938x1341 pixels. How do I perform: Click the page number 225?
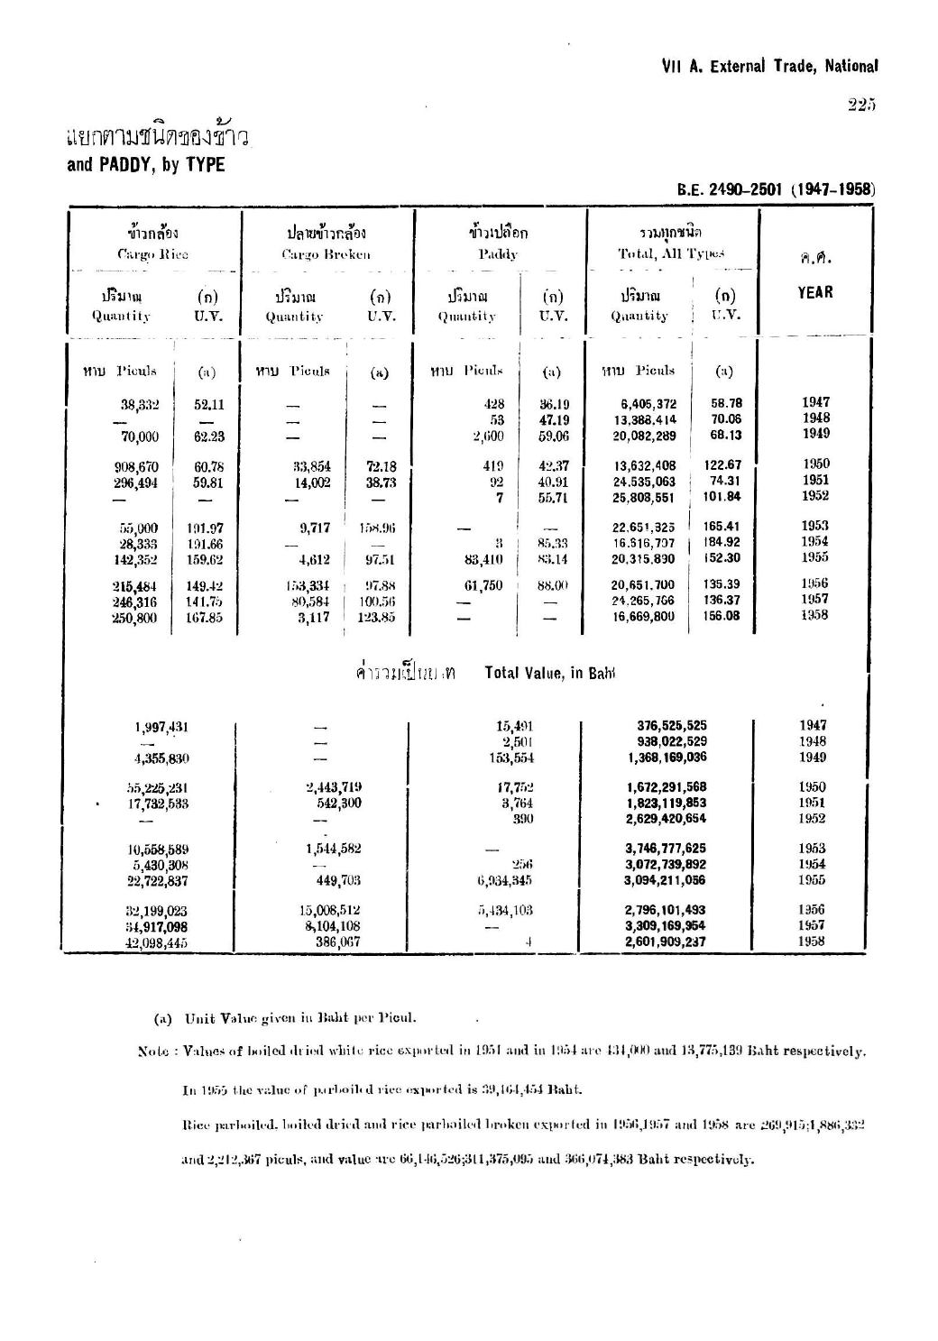(861, 106)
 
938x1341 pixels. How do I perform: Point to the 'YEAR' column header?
(814, 292)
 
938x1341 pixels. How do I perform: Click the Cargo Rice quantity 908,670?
(139, 467)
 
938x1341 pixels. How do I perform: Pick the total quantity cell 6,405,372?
(645, 405)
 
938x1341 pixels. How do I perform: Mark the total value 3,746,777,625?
(666, 849)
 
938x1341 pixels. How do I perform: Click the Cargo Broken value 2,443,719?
(334, 787)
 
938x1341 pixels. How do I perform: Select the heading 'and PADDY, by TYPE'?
(145, 165)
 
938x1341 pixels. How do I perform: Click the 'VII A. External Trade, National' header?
(769, 66)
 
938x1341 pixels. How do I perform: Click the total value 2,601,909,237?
(666, 942)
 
